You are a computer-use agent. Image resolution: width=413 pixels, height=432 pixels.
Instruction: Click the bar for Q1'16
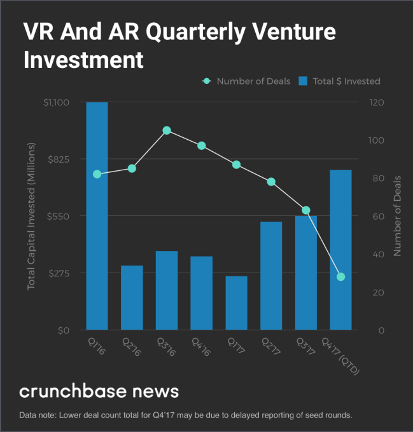97,216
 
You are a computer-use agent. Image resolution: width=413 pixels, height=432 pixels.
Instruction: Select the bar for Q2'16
132,297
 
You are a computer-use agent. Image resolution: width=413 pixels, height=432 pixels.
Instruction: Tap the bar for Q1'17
236,303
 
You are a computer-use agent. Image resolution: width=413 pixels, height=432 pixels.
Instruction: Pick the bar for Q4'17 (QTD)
340,250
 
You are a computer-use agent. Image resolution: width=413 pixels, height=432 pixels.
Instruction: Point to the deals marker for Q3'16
167,130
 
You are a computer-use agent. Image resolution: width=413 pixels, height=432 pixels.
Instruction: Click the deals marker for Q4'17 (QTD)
340,276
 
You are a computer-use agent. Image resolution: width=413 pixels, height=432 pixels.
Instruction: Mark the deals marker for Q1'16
97,174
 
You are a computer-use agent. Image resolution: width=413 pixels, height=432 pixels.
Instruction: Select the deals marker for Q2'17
271,182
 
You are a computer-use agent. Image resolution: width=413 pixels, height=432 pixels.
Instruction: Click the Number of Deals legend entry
246,81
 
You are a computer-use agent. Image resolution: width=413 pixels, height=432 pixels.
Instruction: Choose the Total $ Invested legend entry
340,81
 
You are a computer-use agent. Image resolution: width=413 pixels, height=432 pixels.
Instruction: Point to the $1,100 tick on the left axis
57,102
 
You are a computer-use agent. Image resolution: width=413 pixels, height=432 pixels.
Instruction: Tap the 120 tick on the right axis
376,102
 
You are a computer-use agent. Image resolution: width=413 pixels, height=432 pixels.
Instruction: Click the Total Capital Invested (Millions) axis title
31,216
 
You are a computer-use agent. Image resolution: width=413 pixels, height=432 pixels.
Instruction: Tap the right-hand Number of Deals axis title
397,216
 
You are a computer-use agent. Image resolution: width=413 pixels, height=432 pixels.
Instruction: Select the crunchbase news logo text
99,390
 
